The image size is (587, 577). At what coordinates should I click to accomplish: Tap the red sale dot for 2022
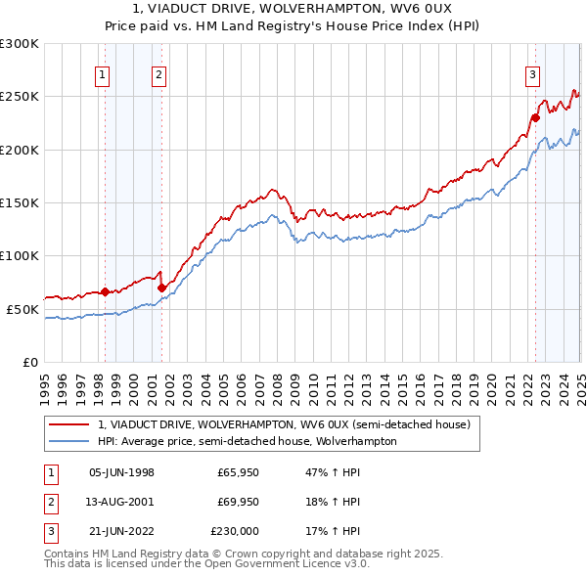tap(535, 117)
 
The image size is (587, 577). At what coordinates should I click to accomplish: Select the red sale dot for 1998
tap(105, 291)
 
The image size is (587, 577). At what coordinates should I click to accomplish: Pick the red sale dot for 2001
tap(161, 287)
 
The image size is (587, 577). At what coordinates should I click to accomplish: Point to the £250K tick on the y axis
tap(22, 97)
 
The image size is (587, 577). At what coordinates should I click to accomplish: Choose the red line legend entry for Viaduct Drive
tap(285, 424)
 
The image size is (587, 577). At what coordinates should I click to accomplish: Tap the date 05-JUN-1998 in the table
tap(121, 472)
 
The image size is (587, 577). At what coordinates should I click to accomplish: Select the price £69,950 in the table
tap(238, 503)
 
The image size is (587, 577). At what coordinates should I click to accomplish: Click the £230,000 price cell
tap(235, 532)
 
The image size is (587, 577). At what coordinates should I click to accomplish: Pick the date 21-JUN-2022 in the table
tap(121, 532)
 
